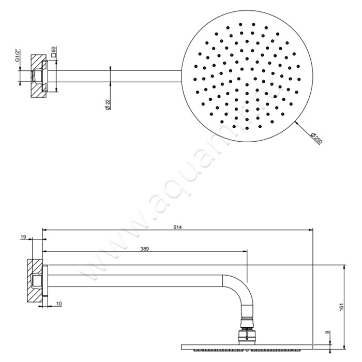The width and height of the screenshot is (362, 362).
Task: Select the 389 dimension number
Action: pos(145,249)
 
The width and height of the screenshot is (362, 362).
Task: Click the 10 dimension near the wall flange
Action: pos(59,303)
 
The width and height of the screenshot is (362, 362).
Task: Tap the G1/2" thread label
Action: pos(18,55)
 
